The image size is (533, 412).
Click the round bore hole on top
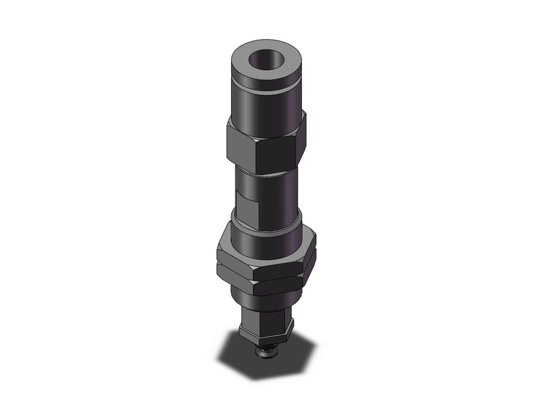coord(264,61)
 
